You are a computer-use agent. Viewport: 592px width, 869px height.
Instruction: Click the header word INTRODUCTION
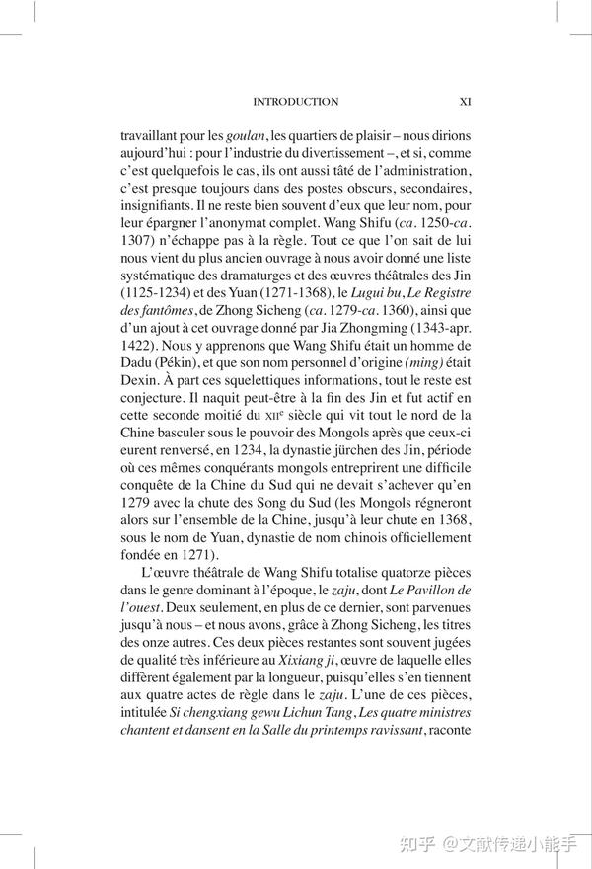296,102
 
